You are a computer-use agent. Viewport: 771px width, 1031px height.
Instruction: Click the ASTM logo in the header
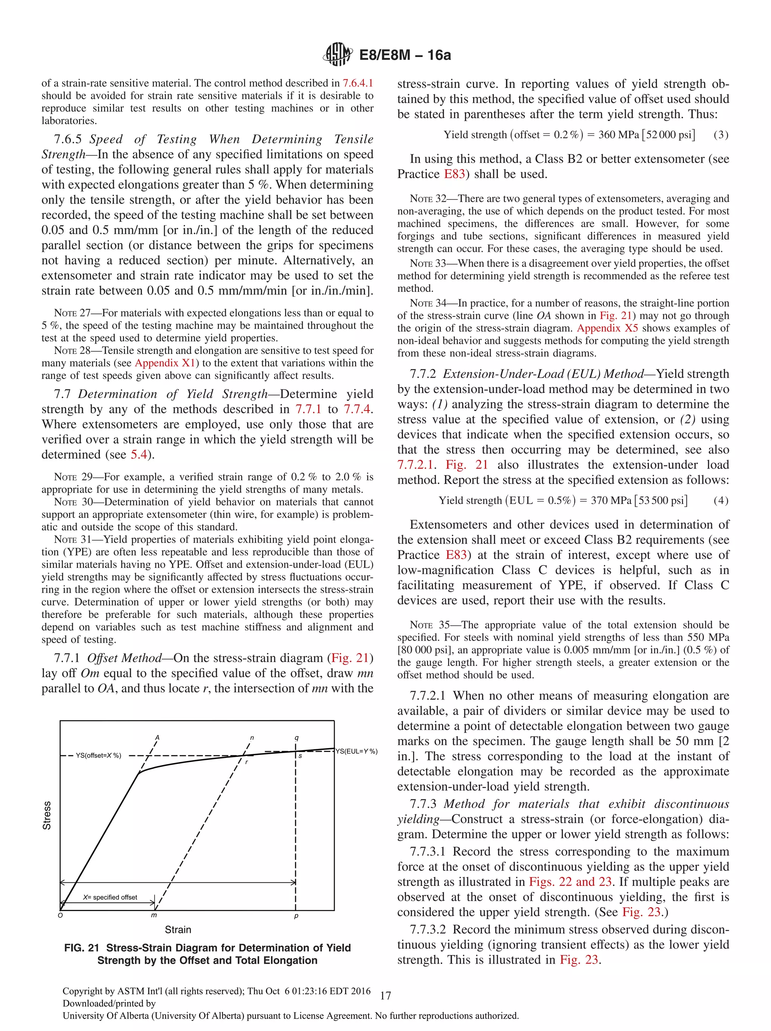pos(337,55)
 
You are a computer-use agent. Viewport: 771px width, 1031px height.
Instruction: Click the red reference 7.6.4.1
pos(358,83)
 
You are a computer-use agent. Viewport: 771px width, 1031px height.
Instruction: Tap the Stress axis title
pos(47,815)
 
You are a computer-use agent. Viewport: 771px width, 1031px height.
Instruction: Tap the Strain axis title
pos(178,929)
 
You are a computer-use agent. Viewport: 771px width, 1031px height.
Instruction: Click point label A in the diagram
pos(158,737)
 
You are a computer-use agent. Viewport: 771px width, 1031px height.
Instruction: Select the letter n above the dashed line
pos(252,737)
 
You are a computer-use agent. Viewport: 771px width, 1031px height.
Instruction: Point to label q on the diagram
pos(296,737)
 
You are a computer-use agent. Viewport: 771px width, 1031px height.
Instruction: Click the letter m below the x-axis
pos(154,915)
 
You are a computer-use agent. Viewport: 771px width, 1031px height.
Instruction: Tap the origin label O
pos(60,915)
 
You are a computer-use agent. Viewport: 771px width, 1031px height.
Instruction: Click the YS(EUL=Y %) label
pos(357,751)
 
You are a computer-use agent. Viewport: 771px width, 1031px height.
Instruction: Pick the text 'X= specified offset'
pos(110,897)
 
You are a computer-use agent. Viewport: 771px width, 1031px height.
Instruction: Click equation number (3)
pos(721,135)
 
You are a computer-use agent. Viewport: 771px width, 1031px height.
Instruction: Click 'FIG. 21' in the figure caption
pos(82,947)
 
